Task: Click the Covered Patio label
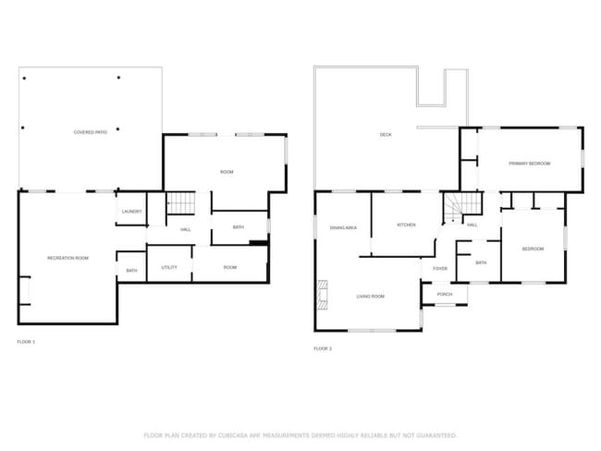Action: point(91,133)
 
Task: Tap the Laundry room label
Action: point(131,213)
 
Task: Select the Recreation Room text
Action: point(67,258)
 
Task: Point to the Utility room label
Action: point(169,267)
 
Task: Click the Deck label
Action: point(386,136)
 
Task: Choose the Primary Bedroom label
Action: point(529,164)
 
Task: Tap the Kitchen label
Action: point(406,225)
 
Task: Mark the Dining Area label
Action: point(344,227)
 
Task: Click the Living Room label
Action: point(371,297)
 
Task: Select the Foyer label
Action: point(440,269)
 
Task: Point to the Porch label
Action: point(445,296)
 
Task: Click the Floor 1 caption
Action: point(26,342)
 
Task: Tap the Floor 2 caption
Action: point(323,348)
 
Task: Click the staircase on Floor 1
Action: point(183,203)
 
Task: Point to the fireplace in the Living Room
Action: point(323,294)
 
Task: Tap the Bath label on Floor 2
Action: point(481,262)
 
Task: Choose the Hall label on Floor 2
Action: point(472,225)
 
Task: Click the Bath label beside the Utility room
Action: point(131,271)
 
